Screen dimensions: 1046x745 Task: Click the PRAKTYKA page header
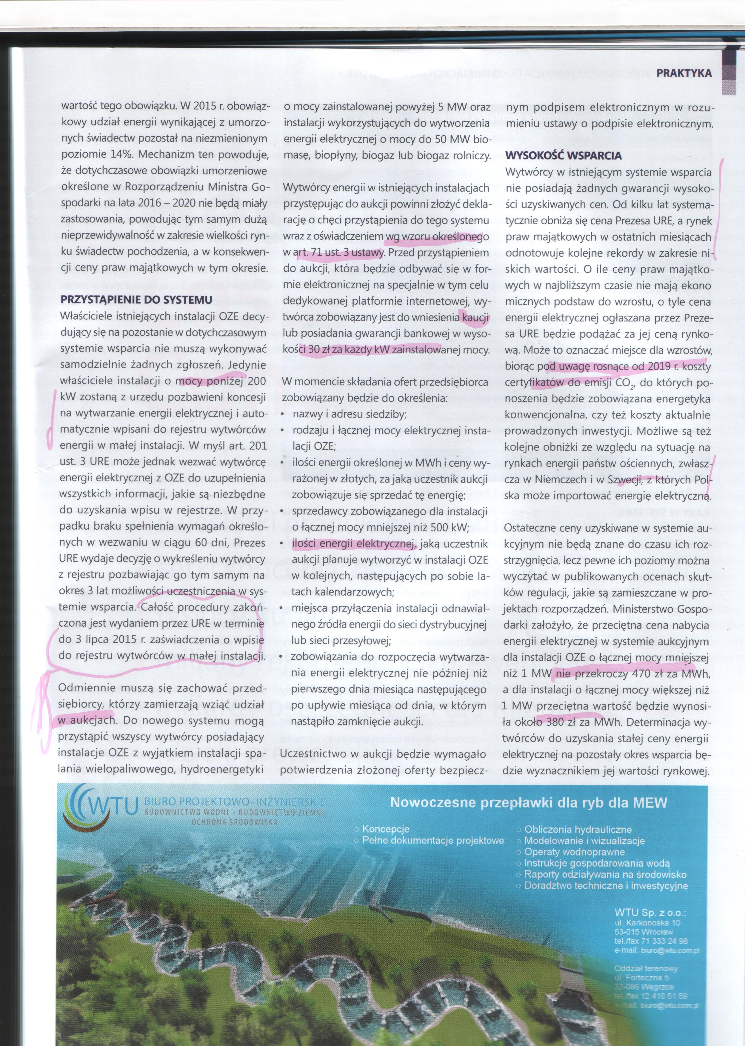click(684, 73)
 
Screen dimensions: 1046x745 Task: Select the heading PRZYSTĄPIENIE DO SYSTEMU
click(136, 300)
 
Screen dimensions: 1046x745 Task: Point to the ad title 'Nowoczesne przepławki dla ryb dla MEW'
click(529, 802)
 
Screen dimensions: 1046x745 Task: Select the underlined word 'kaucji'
click(476, 317)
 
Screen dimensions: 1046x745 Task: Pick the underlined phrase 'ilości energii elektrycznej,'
click(353, 544)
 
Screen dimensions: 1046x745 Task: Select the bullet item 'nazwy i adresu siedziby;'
click(349, 415)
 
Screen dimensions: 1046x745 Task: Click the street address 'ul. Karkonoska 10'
click(647, 922)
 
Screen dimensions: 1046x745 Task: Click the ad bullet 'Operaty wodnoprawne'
click(574, 852)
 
